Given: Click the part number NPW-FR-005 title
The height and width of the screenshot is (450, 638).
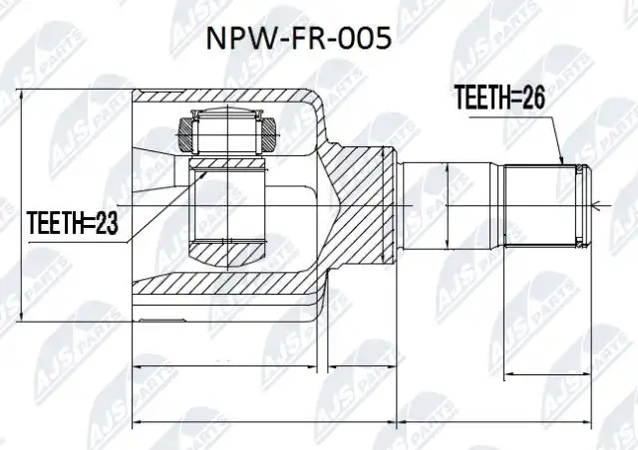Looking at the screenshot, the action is point(299,39).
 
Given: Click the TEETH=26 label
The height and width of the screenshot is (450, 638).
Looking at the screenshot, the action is point(498,98).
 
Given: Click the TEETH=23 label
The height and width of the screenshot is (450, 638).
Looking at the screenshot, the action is point(73,223).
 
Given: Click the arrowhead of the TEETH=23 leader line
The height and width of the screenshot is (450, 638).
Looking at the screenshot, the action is point(202,175).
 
